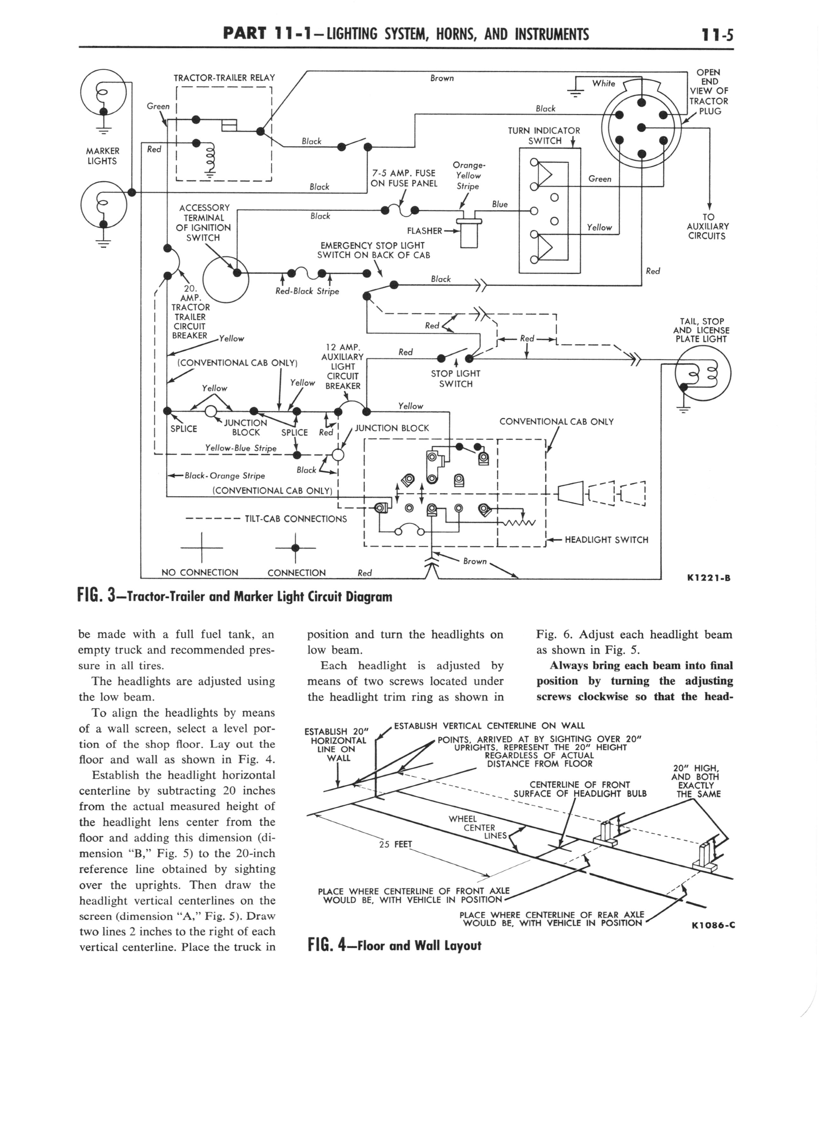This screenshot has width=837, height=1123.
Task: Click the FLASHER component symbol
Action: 469,232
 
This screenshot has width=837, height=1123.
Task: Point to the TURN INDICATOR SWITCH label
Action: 544,136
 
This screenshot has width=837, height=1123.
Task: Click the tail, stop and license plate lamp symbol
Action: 703,376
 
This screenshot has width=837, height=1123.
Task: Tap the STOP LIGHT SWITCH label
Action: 455,379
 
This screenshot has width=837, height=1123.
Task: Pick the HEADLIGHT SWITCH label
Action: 606,540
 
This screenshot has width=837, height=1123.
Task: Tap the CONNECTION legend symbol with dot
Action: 295,548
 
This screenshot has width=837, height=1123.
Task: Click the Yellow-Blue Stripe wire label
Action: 241,448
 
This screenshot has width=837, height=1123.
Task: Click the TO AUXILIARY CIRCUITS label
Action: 708,226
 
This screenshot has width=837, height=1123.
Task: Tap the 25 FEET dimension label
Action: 396,844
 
